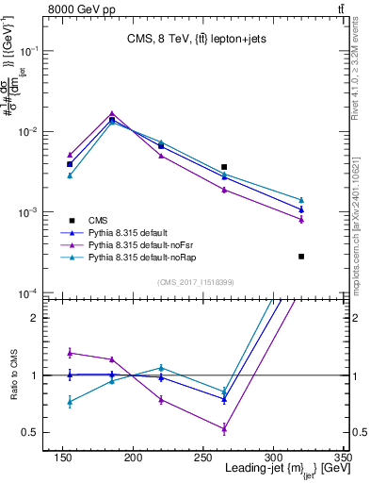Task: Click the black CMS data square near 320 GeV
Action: coord(301,256)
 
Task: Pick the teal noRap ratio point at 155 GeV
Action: coord(70,402)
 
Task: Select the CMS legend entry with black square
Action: coord(99,218)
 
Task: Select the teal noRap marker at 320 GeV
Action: coord(301,200)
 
